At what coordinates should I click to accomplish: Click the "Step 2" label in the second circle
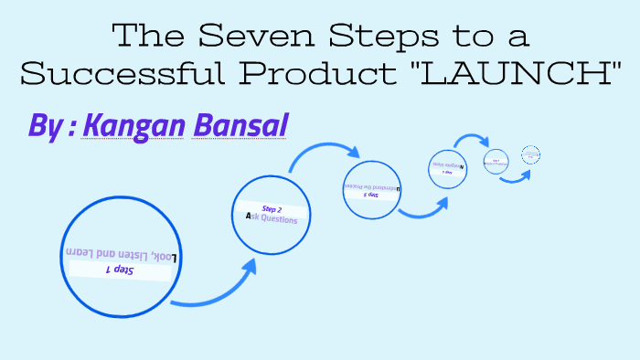tap(272, 209)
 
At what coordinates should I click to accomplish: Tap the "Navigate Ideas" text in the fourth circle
tap(446, 165)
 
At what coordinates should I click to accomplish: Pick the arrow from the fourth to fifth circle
tap(473, 141)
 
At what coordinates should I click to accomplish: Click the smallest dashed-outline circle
tap(531, 155)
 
